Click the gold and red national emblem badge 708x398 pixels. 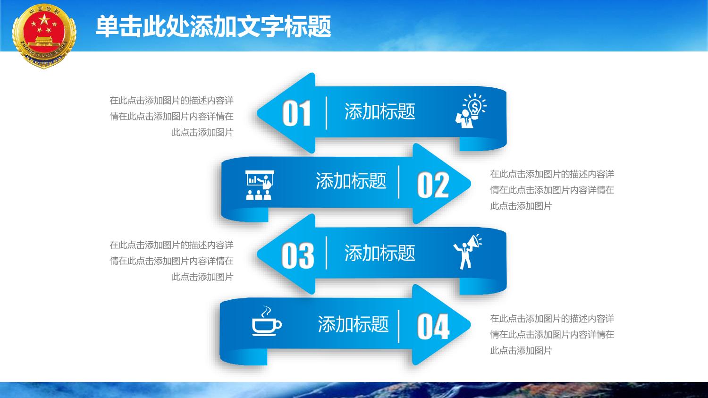44,36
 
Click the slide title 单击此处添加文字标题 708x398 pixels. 213,26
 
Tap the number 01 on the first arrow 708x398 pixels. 296,113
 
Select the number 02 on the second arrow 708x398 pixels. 433,185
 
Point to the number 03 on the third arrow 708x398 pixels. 297,255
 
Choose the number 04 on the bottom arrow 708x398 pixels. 433,327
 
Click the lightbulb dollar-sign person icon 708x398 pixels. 471,110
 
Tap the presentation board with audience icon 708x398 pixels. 260,185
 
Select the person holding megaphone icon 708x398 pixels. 468,252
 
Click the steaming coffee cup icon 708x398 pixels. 267,321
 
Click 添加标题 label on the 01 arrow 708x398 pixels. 379,111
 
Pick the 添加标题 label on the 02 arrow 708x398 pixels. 351,181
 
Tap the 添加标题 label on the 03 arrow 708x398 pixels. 379,253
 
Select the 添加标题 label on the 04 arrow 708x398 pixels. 353,324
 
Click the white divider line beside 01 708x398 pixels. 326,113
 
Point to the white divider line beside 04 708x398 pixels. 398,327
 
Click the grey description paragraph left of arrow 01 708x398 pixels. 171,116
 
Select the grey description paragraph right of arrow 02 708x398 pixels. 552,190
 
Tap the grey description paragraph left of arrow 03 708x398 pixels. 171,261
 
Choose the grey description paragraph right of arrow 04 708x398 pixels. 552,334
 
